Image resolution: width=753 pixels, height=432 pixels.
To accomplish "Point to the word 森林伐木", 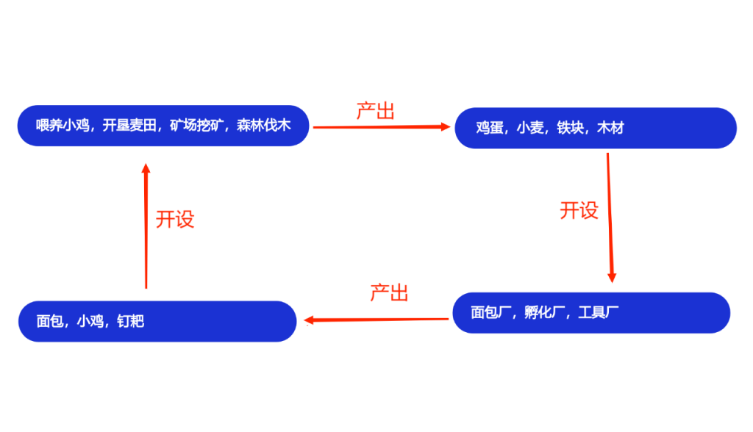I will [x=263, y=126].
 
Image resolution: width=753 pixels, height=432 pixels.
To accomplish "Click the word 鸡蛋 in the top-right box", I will [x=489, y=128].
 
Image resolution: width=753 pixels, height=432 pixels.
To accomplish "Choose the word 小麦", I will [x=529, y=128].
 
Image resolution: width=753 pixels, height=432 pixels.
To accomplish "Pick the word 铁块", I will [x=570, y=128].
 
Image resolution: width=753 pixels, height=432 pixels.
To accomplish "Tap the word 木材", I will [x=610, y=128].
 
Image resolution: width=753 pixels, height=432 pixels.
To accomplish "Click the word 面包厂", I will [x=491, y=313].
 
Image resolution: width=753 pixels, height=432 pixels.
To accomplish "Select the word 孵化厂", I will [x=545, y=313].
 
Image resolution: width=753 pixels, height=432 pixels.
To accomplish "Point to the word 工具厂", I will [x=599, y=313].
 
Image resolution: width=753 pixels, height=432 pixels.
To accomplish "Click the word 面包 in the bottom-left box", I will [x=50, y=321].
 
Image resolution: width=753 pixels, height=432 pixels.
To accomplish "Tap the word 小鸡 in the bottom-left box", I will [x=90, y=321].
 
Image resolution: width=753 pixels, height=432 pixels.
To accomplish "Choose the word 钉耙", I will [x=130, y=321].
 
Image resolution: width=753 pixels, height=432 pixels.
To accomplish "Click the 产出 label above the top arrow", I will [x=375, y=111].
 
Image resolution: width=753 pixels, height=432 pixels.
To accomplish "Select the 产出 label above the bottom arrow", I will [x=389, y=292].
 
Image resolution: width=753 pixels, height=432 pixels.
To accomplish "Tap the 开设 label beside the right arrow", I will [x=579, y=211].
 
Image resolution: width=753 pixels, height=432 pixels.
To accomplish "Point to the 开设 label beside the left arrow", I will [x=174, y=219].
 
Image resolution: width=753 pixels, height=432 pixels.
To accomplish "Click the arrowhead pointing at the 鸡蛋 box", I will [x=446, y=127].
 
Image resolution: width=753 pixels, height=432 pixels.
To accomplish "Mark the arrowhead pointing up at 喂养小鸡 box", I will [x=146, y=168].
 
